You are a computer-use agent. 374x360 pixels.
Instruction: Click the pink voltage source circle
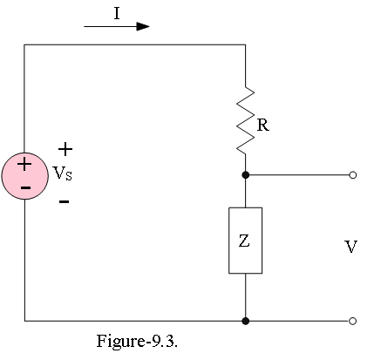click(x=25, y=176)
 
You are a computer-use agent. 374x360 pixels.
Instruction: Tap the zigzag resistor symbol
click(x=246, y=119)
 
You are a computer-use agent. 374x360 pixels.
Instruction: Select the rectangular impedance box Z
click(x=246, y=241)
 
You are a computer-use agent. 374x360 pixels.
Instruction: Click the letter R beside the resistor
click(x=263, y=126)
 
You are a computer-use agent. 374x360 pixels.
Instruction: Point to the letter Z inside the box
click(x=244, y=241)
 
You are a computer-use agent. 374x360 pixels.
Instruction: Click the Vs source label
click(x=63, y=173)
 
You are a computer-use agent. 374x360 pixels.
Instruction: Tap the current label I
click(x=117, y=13)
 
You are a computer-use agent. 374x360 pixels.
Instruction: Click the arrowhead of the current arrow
click(x=143, y=26)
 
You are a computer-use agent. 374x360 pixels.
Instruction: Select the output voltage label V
click(x=350, y=247)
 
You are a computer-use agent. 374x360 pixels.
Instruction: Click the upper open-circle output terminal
click(x=352, y=175)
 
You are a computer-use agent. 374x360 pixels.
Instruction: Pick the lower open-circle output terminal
click(x=352, y=321)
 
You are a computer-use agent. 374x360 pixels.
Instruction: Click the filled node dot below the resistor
click(x=246, y=175)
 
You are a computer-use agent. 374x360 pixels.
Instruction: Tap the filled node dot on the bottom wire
click(x=246, y=321)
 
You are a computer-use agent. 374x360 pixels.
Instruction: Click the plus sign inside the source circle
click(x=24, y=165)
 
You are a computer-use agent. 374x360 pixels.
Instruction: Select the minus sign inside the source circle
click(x=25, y=188)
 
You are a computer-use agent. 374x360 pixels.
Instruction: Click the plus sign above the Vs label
click(x=65, y=149)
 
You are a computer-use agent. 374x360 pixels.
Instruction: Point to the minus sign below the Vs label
click(x=64, y=201)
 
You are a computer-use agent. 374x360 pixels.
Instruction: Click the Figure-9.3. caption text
click(x=137, y=341)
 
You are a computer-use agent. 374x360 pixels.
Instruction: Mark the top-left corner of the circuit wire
click(x=24, y=44)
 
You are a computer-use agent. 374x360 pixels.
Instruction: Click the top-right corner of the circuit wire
click(x=246, y=44)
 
